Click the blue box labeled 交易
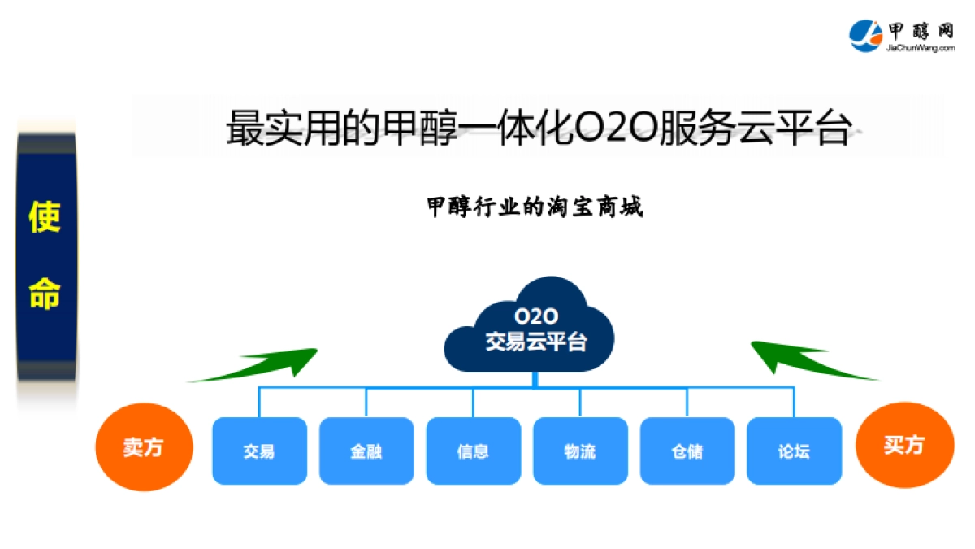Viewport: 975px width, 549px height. coord(259,451)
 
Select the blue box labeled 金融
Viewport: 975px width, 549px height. coord(366,451)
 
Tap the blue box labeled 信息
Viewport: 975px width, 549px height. coord(473,451)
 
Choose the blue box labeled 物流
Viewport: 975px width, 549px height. coord(580,451)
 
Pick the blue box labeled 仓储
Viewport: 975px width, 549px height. coord(687,451)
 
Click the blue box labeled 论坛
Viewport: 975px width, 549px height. coord(794,451)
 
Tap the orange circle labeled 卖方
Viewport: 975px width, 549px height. coord(144,447)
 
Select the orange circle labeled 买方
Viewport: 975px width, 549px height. coord(904,445)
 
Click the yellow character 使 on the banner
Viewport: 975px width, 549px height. coord(45,217)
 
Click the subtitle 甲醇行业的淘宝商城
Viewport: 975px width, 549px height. coord(535,207)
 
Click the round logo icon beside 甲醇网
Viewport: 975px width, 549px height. coord(866,35)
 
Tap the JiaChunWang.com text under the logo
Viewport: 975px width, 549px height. coord(921,49)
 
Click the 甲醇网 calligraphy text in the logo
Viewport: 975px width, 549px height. coord(921,30)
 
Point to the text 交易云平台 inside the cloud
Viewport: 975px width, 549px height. coord(535,342)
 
